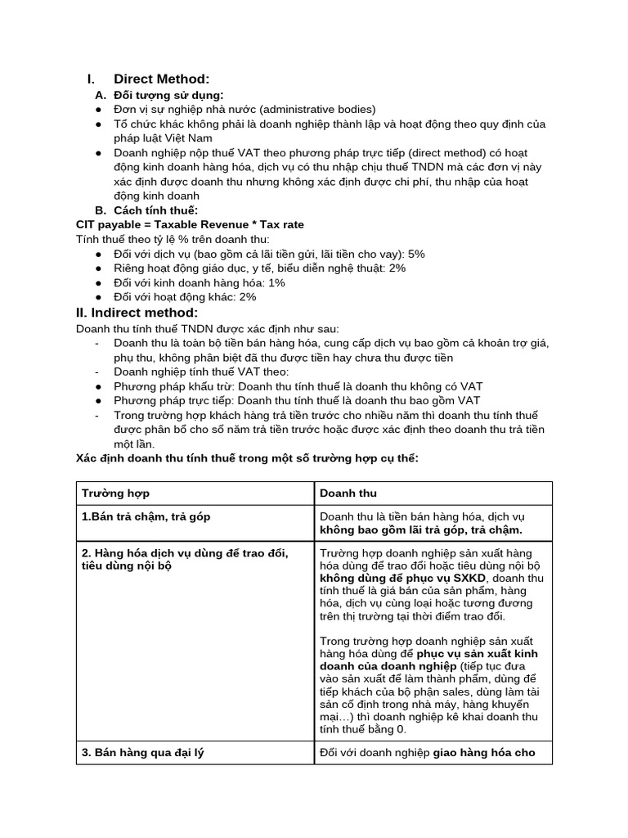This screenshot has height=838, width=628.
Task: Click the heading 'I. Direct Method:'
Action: [x=149, y=79]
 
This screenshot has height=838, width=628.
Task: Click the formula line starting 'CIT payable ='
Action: [x=190, y=224]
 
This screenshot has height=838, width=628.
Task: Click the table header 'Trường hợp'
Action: [x=115, y=493]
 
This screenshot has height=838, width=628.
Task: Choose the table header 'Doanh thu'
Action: [x=348, y=493]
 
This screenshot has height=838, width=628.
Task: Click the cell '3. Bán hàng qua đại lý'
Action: [x=142, y=752]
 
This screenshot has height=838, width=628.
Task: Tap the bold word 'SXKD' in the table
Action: [x=469, y=578]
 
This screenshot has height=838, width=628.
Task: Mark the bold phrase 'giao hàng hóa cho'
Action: [x=484, y=752]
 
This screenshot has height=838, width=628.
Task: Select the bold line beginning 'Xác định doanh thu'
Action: [x=247, y=458]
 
